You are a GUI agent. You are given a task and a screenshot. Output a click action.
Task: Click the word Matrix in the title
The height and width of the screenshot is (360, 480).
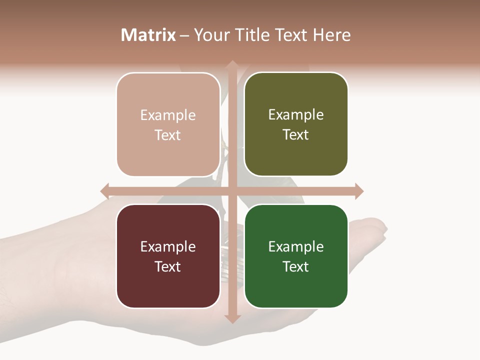click(148, 35)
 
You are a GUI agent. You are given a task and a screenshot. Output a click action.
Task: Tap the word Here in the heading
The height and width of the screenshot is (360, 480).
click(331, 35)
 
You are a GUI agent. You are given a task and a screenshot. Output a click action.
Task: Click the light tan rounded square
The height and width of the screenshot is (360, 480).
click(168, 150)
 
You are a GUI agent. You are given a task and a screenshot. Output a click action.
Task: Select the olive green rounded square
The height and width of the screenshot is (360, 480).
click(296, 155)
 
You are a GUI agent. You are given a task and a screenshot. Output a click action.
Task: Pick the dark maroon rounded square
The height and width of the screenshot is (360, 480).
click(168, 285)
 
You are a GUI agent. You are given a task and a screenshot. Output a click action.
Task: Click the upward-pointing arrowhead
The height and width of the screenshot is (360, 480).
click(232, 65)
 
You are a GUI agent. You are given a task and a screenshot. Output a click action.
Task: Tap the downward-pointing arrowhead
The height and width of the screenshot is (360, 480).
click(232, 318)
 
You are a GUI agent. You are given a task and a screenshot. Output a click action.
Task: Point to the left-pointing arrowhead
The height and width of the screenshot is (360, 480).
click(105, 191)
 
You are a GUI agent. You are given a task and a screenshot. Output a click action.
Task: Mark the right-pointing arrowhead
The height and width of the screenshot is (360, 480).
click(358, 191)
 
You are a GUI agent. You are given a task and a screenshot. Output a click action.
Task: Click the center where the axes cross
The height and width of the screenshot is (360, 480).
click(232, 191)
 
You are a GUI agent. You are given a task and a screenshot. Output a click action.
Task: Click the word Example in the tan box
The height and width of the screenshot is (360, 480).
click(168, 115)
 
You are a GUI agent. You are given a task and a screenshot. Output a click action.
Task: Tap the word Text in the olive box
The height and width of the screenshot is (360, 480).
click(296, 135)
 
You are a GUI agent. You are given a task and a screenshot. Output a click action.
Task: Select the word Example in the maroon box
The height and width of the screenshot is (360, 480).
click(168, 247)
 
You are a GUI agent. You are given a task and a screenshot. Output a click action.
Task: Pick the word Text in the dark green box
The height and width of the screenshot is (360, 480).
click(296, 266)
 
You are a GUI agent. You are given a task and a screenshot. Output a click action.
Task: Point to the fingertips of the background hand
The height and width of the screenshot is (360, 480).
click(377, 227)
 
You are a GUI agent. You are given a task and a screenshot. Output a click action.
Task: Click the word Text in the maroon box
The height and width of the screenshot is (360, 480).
click(168, 266)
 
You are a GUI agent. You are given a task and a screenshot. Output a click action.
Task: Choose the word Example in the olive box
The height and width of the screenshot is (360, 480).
click(296, 115)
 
